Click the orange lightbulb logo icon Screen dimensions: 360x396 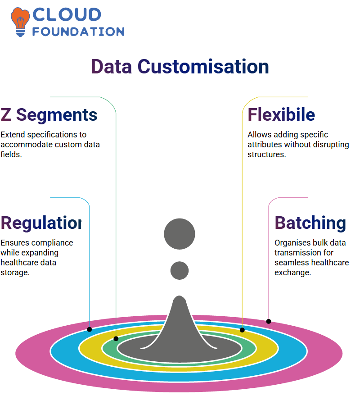(x=20, y=22)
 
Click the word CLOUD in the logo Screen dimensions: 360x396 (x=67, y=15)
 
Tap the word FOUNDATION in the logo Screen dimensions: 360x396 (x=78, y=32)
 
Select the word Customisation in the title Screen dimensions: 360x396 (x=203, y=67)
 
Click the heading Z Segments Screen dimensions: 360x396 (x=49, y=115)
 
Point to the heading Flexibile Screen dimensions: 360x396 (x=281, y=114)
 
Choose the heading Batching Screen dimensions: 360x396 (x=310, y=223)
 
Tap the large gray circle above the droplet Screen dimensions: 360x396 (x=180, y=234)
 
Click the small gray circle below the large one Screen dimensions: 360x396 (x=180, y=270)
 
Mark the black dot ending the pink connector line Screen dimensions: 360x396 (x=269, y=321)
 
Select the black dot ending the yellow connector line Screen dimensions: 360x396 (x=242, y=330)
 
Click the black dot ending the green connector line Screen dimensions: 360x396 (x=116, y=339)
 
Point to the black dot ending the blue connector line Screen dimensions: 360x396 (x=89, y=329)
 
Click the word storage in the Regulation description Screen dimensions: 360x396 (x=15, y=273)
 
